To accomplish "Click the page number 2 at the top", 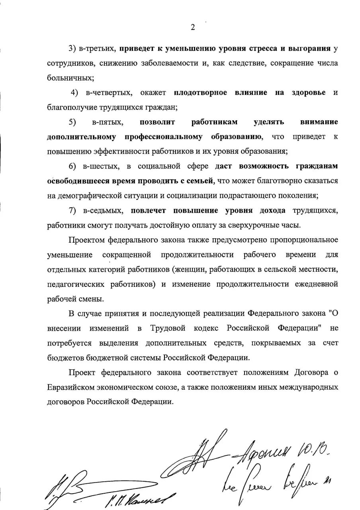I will (193, 27).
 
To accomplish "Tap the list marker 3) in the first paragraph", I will (72, 49).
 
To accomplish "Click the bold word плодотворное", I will (201, 92).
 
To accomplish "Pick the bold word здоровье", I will (309, 92).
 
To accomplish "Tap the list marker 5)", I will (72, 122).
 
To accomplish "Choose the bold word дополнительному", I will (81, 137).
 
